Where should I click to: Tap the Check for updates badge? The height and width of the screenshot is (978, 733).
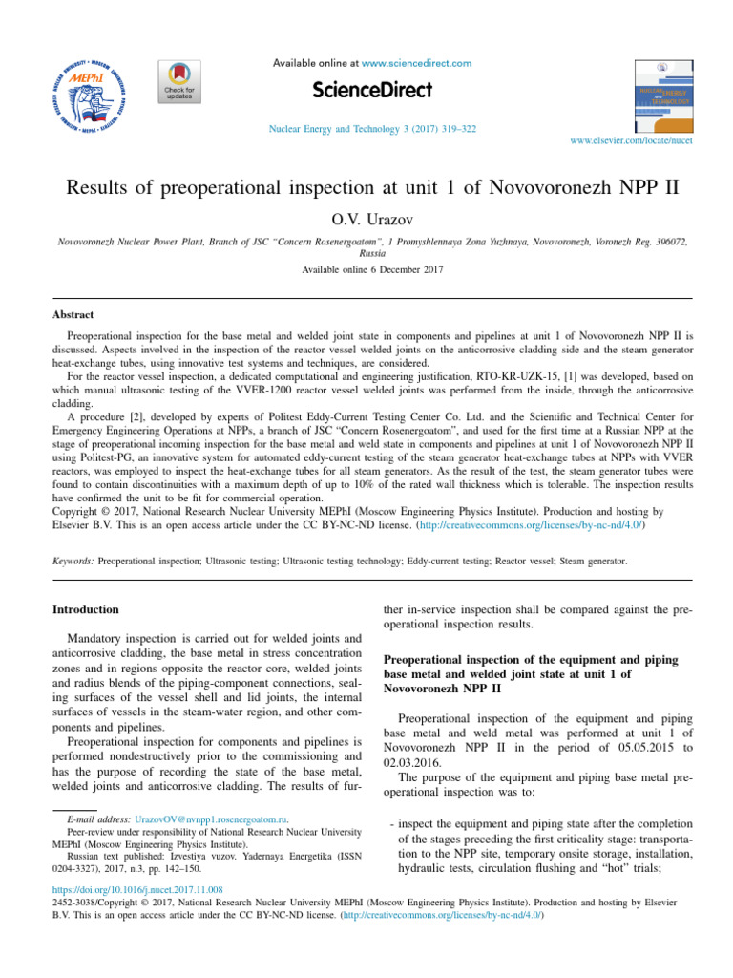[178, 88]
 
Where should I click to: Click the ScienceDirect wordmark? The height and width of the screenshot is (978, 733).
[372, 90]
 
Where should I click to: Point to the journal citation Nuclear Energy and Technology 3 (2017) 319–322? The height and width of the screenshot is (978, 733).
[373, 129]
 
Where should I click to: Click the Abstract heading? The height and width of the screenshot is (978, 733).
[73, 314]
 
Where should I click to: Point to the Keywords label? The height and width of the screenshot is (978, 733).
[73, 562]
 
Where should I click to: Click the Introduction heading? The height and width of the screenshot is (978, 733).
[86, 608]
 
